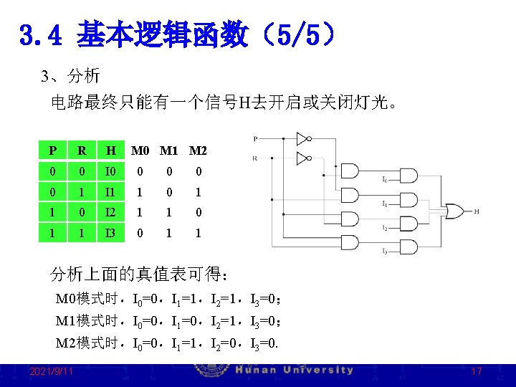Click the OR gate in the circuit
(454, 211)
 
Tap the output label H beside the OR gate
(477, 211)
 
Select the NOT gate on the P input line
(304, 138)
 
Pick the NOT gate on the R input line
(304, 158)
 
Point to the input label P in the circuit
(256, 138)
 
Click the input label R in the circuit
(256, 158)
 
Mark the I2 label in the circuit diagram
(385, 228)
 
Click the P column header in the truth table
(52, 150)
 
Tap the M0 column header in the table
(140, 150)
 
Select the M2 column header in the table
(198, 150)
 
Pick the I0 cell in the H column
(110, 171)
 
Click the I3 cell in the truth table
(110, 233)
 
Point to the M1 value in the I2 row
(169, 213)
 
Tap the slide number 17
(477, 371)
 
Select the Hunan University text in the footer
(294, 370)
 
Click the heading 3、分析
(70, 76)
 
